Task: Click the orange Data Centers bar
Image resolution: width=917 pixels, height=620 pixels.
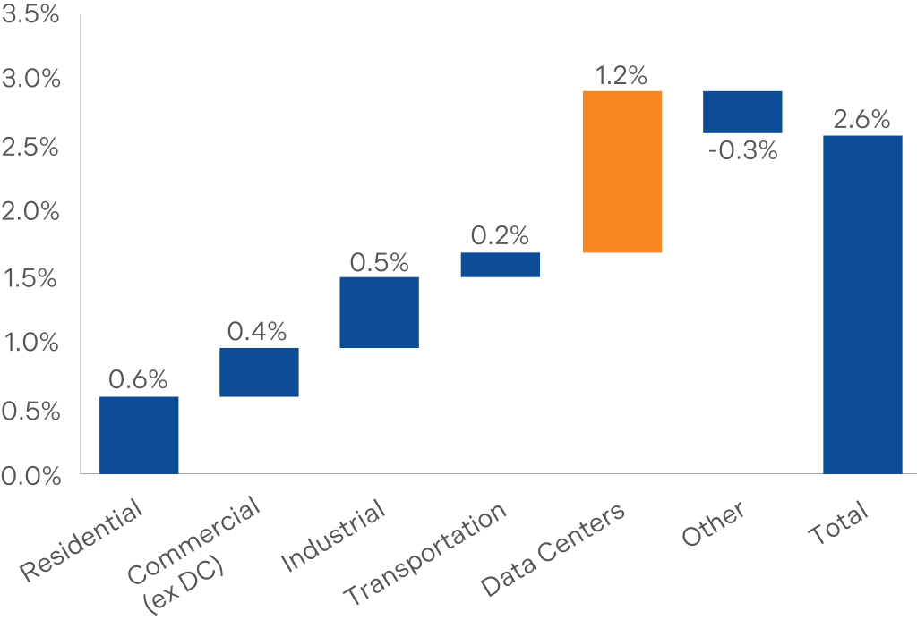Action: [621, 172]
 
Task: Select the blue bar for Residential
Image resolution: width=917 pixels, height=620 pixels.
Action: [139, 435]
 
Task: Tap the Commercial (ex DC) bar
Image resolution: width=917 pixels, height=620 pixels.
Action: [259, 372]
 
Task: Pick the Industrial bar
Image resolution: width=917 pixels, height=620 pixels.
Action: [379, 312]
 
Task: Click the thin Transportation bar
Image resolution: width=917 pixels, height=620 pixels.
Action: [500, 265]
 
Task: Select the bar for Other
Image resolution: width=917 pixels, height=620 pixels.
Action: [742, 112]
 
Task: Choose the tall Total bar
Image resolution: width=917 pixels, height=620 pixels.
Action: [862, 304]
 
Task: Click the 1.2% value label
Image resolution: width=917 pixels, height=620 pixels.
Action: [621, 76]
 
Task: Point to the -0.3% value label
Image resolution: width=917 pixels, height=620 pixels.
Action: [742, 150]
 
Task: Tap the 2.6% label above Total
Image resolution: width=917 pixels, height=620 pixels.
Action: [862, 120]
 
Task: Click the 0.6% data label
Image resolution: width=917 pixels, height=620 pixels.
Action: [139, 380]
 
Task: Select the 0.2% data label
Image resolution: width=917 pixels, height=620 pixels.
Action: [500, 237]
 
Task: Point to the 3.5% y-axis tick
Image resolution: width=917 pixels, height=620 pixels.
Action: [30, 15]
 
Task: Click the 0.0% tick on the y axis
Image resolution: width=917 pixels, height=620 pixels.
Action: [30, 476]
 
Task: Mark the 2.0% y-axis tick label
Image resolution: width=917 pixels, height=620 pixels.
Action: [30, 212]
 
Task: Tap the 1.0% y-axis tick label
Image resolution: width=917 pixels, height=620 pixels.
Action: [30, 344]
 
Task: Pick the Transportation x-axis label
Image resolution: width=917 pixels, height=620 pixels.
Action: [426, 554]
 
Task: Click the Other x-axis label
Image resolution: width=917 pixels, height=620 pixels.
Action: [713, 524]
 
